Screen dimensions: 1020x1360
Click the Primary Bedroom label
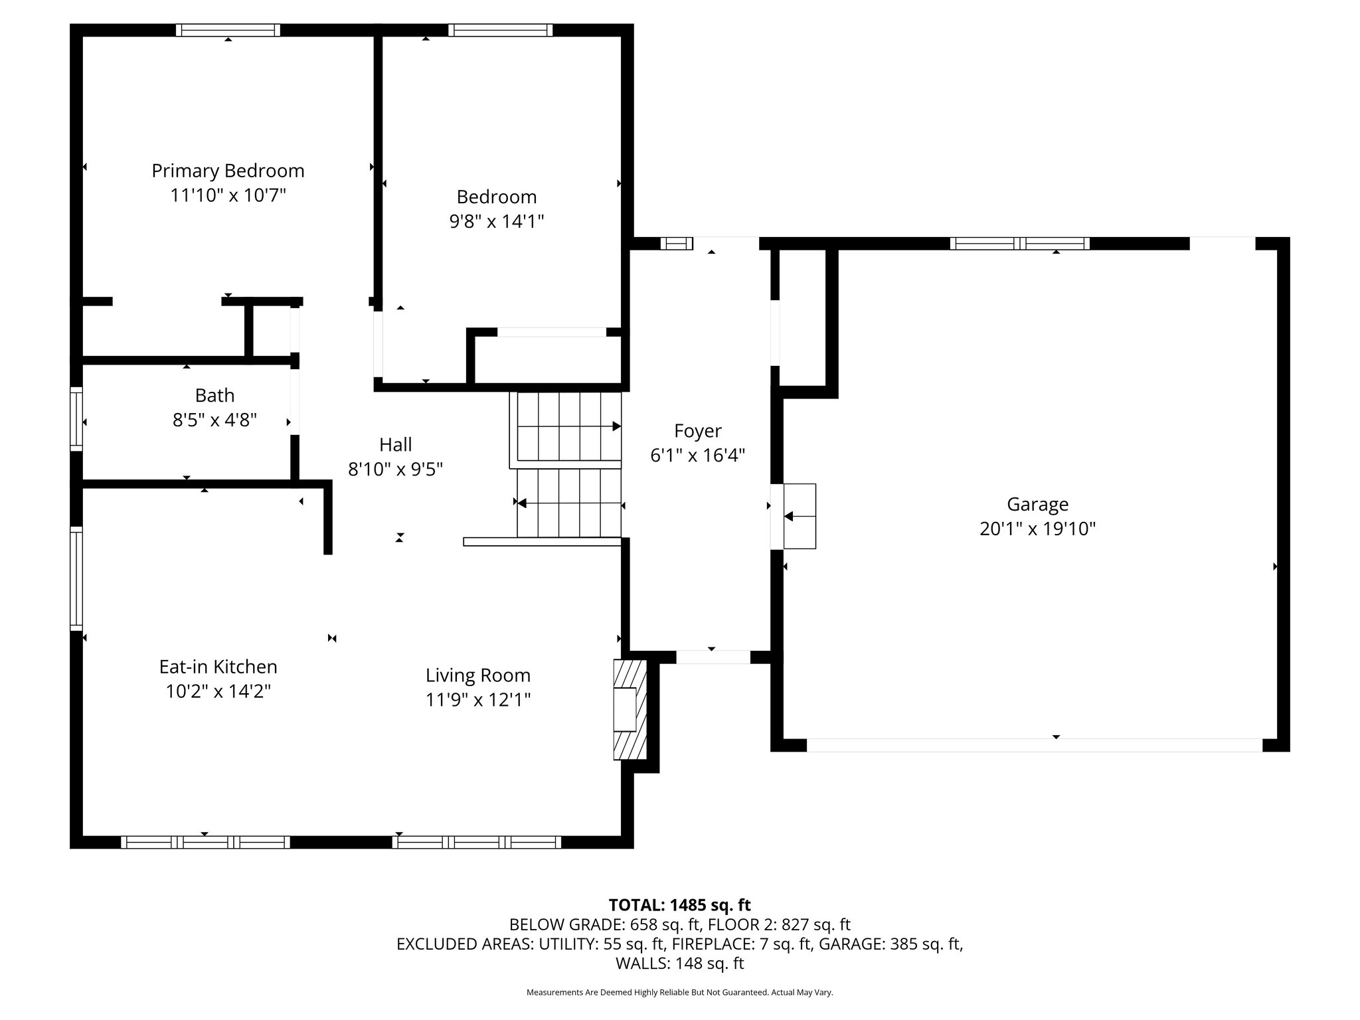(x=228, y=171)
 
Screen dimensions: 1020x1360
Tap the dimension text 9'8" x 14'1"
(x=497, y=221)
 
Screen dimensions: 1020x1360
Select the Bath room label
(x=214, y=396)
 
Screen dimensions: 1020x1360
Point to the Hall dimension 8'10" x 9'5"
(x=395, y=469)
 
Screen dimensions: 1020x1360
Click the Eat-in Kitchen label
(x=218, y=667)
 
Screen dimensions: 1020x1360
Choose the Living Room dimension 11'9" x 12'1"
(x=477, y=700)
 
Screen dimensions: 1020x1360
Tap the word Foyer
(x=697, y=431)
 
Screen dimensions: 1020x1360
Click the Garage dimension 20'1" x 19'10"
(x=1037, y=529)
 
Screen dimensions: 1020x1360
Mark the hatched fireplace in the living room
(x=630, y=709)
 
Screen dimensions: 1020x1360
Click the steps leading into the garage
(x=799, y=516)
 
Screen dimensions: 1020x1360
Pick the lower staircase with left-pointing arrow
(x=568, y=503)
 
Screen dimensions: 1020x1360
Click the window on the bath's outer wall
(x=76, y=419)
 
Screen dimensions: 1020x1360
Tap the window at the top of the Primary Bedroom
(x=228, y=30)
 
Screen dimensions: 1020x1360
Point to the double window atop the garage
(x=1019, y=243)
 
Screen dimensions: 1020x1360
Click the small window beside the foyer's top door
(x=676, y=244)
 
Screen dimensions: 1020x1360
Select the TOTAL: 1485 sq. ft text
(x=679, y=905)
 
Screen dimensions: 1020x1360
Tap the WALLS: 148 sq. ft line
(x=679, y=963)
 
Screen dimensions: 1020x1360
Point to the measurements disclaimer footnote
(x=679, y=992)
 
